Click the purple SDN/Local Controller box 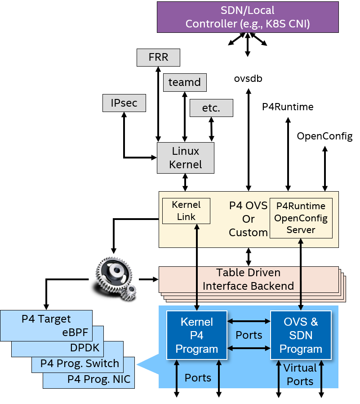pyautogui.click(x=248, y=17)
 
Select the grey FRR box pyautogui.click(x=158, y=58)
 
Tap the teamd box pyautogui.click(x=185, y=82)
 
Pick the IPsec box pyautogui.click(x=124, y=103)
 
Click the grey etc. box pyautogui.click(x=211, y=108)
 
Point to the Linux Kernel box pyautogui.click(x=186, y=158)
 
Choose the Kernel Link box pyautogui.click(x=186, y=211)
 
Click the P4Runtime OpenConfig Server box pyautogui.click(x=301, y=218)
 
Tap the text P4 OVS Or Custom pyautogui.click(x=248, y=219)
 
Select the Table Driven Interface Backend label pyautogui.click(x=248, y=279)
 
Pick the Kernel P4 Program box pyautogui.click(x=197, y=335)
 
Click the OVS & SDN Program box pyautogui.click(x=301, y=335)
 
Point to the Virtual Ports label pyautogui.click(x=300, y=374)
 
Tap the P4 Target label pyautogui.click(x=46, y=319)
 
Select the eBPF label pyautogui.click(x=75, y=333)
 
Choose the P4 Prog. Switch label pyautogui.click(x=80, y=363)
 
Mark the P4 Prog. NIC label pyautogui.click(x=99, y=379)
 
